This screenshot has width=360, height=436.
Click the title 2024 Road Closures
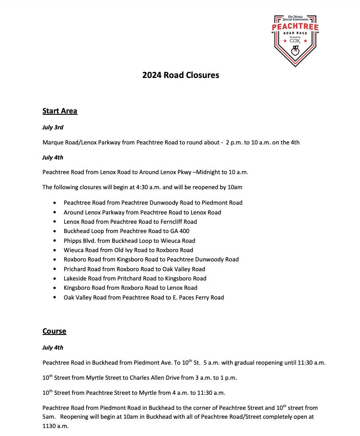pyautogui.click(x=180, y=75)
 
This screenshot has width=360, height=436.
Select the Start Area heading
pyautogui.click(x=60, y=111)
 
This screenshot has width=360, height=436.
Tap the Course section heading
pyautogui.click(x=54, y=331)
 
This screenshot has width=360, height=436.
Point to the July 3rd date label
pyautogui.click(x=53, y=128)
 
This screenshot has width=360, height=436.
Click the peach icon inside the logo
pyautogui.click(x=295, y=53)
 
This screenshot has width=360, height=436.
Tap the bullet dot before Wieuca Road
pyautogui.click(x=54, y=250)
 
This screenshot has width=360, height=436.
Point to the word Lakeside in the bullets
pyautogui.click(x=75, y=279)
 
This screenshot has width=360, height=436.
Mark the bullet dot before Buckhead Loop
pyautogui.click(x=54, y=231)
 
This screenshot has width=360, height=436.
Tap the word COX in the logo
pyautogui.click(x=295, y=41)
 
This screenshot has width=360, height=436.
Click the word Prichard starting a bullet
pyautogui.click(x=75, y=269)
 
